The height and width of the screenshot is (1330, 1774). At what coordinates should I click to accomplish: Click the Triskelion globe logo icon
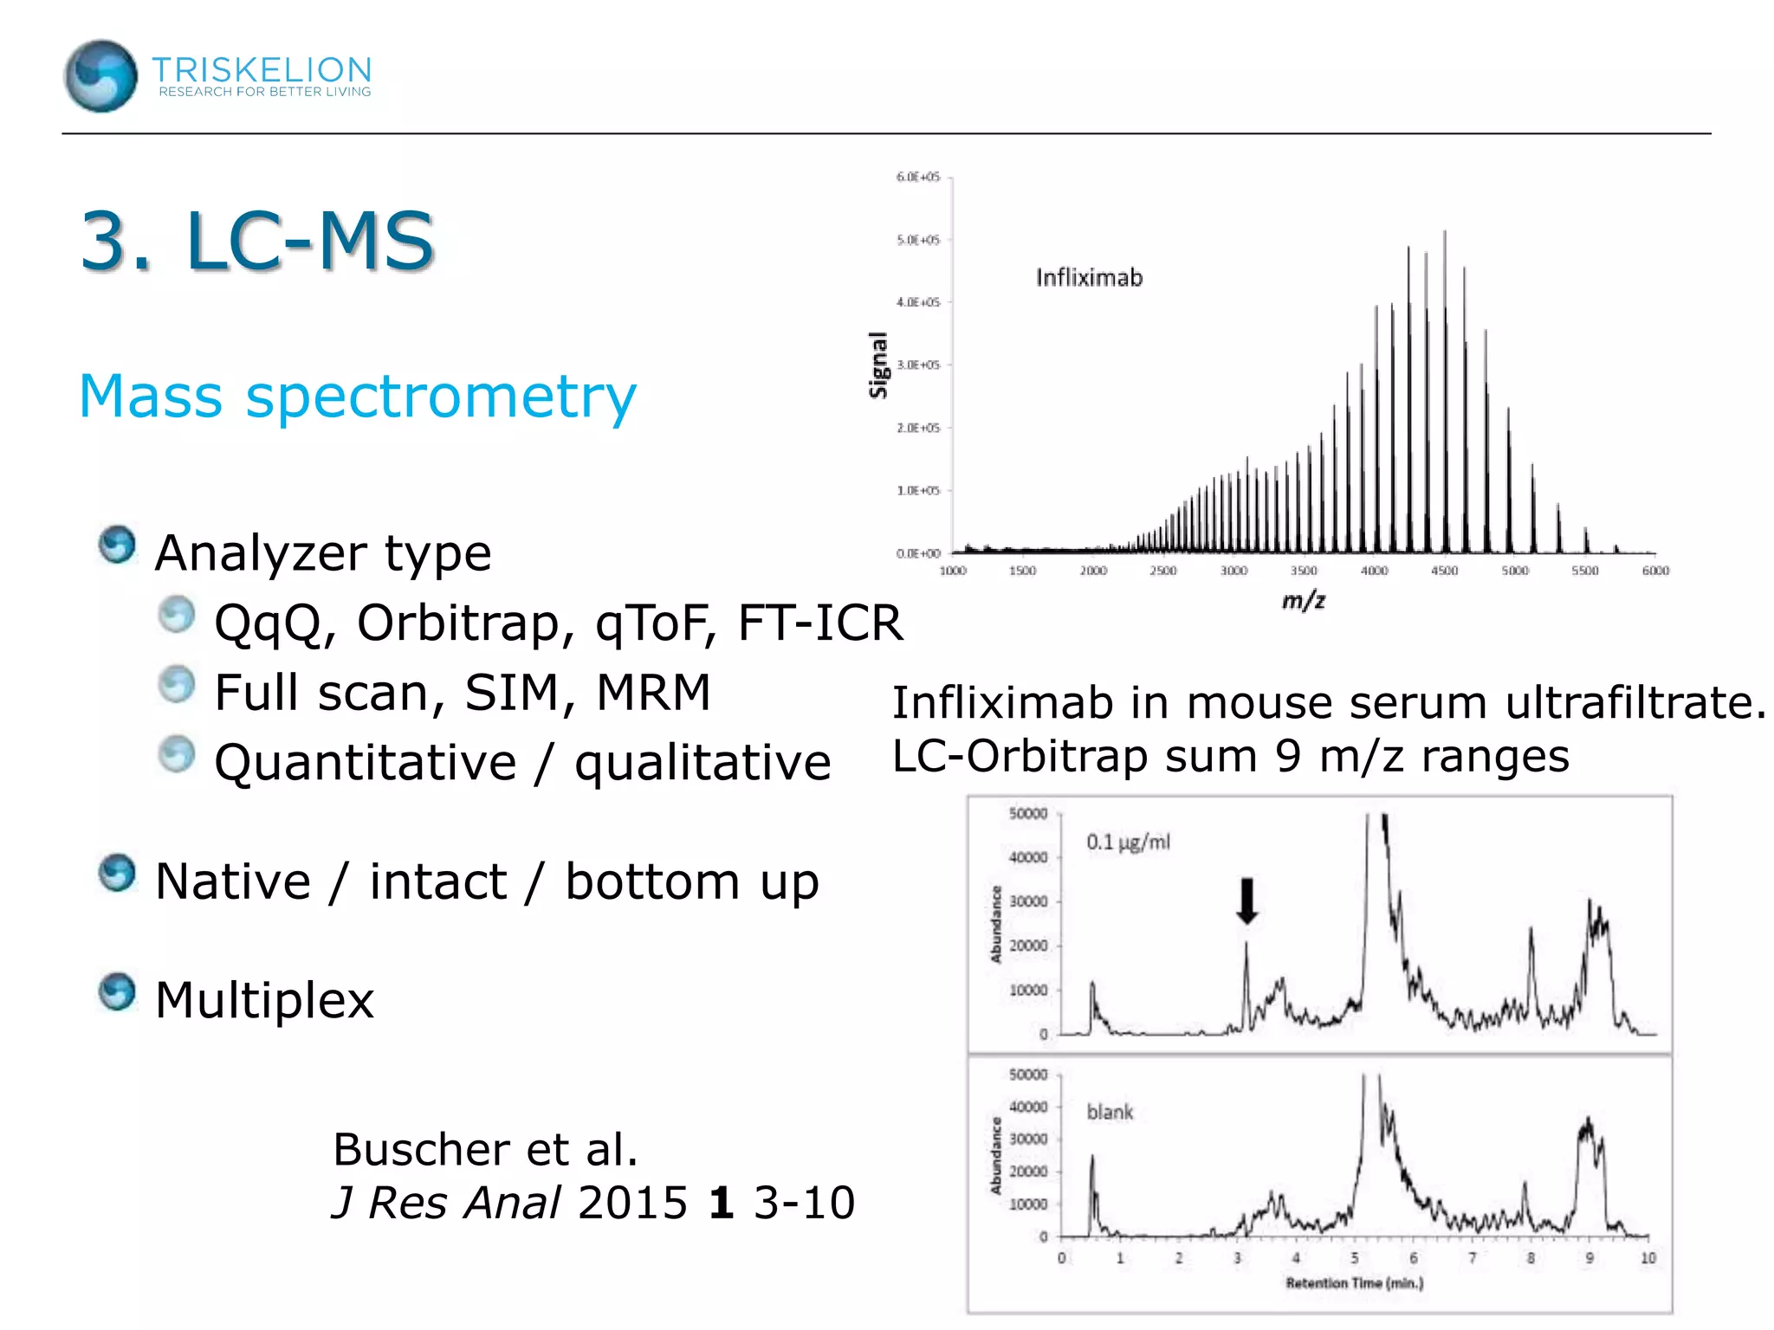(100, 76)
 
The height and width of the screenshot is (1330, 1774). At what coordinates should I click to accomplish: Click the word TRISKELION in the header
(262, 69)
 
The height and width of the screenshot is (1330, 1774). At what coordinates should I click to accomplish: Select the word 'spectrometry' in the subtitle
(441, 397)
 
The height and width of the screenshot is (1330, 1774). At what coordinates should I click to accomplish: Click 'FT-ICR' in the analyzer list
(819, 623)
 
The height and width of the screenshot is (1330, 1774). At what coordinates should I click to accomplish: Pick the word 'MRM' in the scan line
(653, 693)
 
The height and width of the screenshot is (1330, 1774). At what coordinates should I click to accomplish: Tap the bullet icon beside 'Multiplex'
(117, 992)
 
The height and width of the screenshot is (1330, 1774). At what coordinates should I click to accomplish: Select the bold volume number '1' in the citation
(721, 1204)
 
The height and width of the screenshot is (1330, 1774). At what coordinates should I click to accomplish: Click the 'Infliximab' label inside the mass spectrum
(1089, 278)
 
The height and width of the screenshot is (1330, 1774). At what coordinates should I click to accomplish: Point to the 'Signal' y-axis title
(878, 365)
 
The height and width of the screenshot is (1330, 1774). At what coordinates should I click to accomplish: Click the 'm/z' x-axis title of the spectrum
(1304, 599)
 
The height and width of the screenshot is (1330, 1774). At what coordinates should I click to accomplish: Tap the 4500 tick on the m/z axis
(1444, 571)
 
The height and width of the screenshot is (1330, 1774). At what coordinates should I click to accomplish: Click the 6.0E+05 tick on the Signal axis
(917, 178)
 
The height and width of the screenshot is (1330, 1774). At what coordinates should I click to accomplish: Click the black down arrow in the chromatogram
(1246, 901)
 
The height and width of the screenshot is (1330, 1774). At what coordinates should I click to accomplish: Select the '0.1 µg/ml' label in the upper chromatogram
(1128, 842)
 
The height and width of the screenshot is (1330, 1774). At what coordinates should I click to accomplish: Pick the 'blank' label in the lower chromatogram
(1110, 1112)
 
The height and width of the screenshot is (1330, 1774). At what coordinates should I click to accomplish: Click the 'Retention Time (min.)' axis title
(1354, 1282)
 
